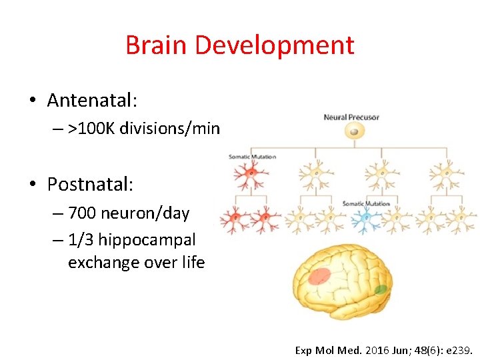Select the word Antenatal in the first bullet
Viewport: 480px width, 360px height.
[91, 101]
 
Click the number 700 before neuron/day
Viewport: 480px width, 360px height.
[81, 213]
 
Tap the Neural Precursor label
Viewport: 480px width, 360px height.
[351, 117]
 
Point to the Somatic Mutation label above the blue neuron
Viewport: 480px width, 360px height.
[366, 203]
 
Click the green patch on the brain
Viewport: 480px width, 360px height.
[381, 289]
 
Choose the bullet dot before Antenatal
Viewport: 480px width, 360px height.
[32, 101]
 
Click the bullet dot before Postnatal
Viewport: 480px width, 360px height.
[32, 183]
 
